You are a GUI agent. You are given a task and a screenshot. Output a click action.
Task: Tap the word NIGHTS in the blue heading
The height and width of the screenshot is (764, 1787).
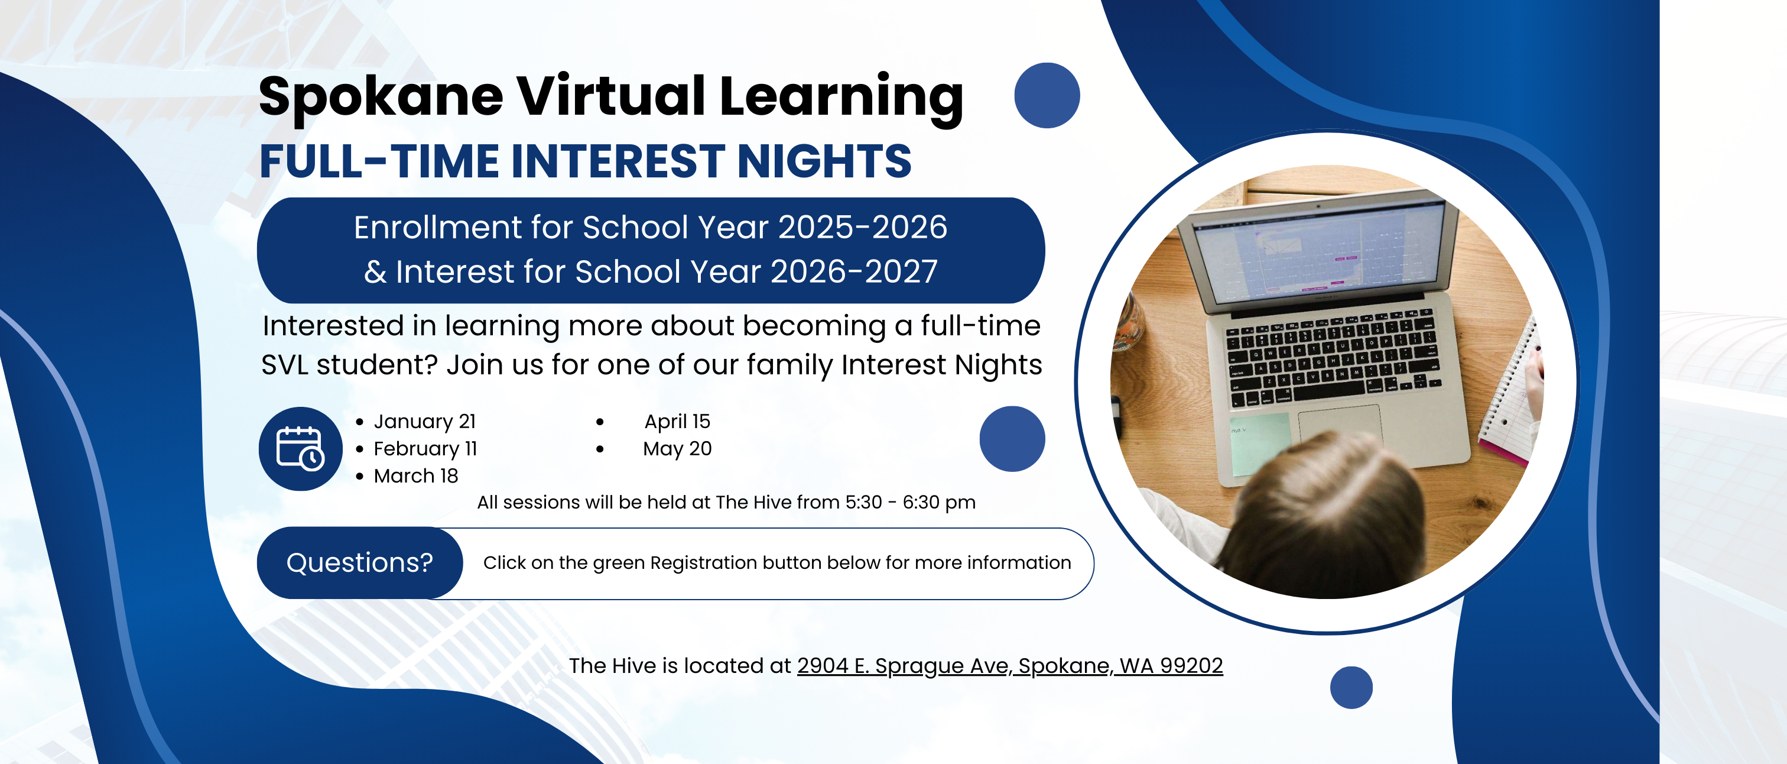(x=824, y=161)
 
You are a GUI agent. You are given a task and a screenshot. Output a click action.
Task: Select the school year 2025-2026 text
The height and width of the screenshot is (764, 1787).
(x=862, y=228)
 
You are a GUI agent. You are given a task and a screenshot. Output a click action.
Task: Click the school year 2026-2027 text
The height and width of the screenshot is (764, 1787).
(x=854, y=271)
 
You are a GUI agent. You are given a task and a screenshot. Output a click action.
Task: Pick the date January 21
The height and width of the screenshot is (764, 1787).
(x=424, y=421)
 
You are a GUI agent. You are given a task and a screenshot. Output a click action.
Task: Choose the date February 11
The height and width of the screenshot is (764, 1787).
(x=425, y=449)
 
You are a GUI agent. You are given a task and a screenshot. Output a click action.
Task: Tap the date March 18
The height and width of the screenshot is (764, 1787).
(x=415, y=476)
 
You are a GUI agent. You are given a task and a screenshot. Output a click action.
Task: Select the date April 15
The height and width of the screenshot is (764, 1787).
(x=677, y=421)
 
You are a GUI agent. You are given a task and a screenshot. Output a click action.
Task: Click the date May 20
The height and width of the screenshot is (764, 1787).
(x=677, y=449)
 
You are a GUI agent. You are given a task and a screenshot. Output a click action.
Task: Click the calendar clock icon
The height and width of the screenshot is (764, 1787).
(x=300, y=449)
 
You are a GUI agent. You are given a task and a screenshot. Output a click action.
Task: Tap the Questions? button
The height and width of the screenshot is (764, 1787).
(x=359, y=563)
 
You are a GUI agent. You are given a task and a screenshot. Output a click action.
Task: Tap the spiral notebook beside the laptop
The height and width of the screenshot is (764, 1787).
(x=1512, y=392)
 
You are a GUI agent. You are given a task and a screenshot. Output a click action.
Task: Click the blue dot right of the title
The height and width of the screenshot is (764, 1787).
(x=1047, y=96)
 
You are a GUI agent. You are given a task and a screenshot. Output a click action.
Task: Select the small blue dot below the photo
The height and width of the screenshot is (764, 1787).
(x=1351, y=688)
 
